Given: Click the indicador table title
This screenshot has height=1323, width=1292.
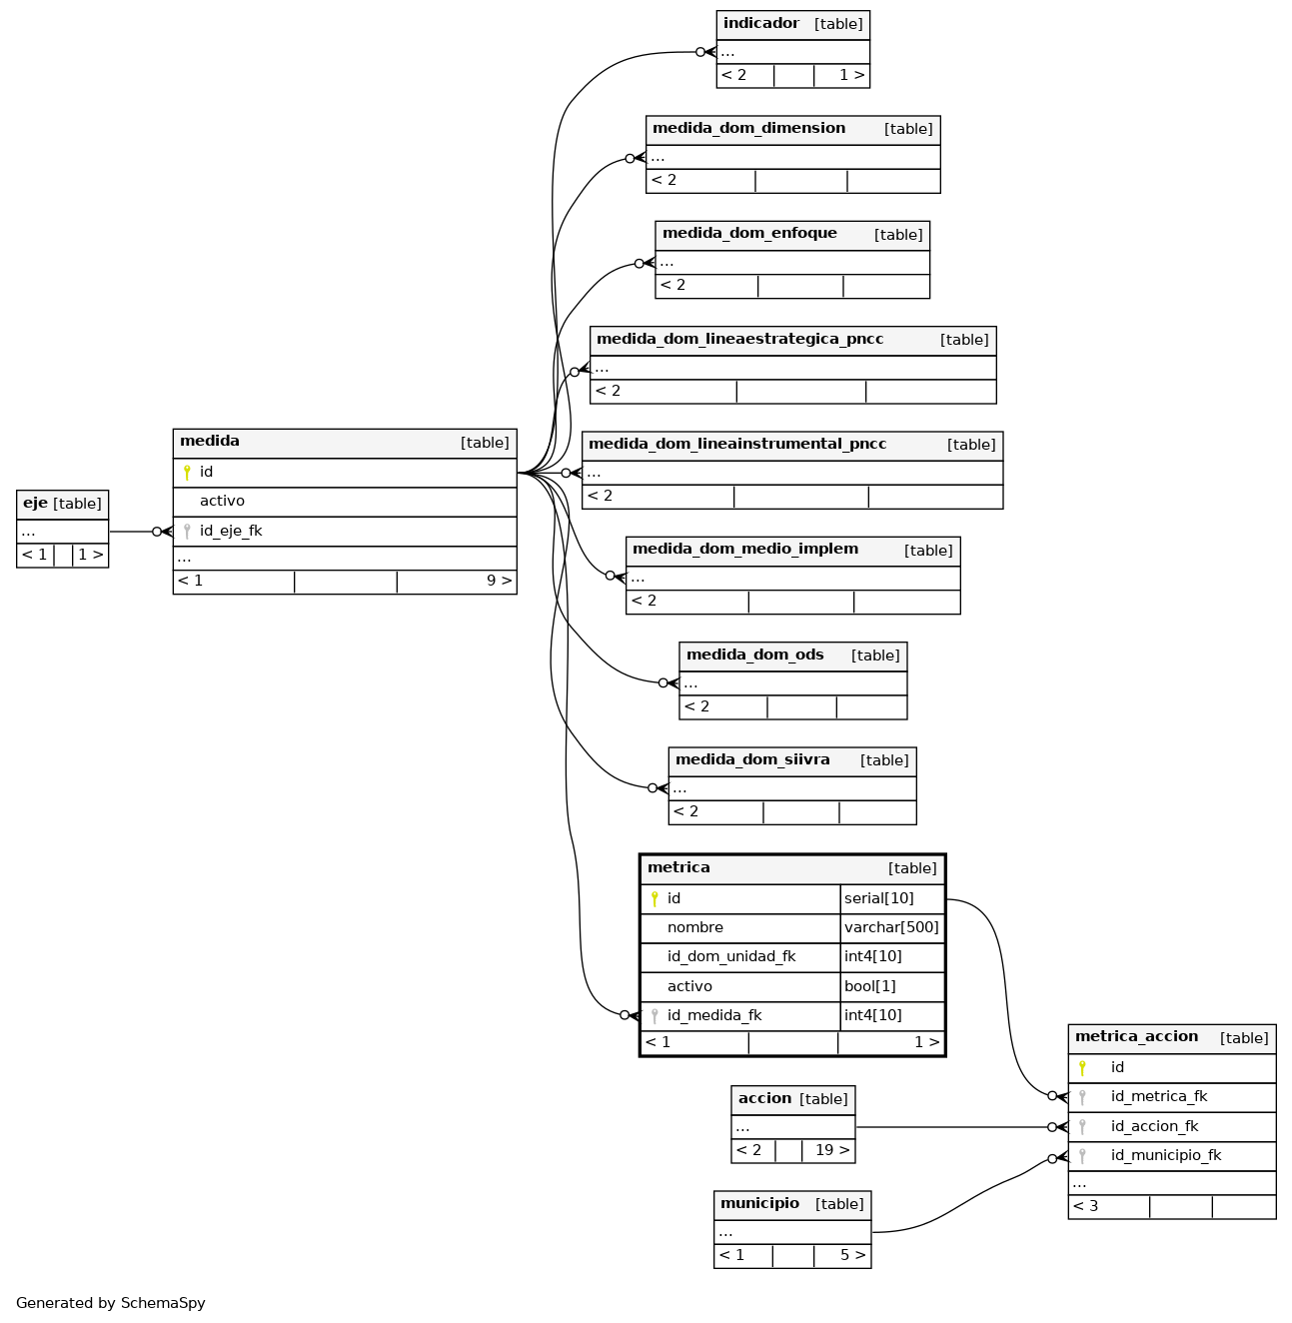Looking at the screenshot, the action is click(x=760, y=23).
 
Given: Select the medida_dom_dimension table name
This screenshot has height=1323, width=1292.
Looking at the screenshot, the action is click(x=748, y=128).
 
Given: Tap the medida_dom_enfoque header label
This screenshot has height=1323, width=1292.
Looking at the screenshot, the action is click(x=748, y=233).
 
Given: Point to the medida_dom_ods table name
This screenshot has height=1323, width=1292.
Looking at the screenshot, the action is click(x=754, y=655).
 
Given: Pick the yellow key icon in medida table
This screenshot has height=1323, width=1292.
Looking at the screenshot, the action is click(x=186, y=472).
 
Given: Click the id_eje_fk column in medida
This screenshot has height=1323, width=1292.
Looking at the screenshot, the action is click(x=231, y=531).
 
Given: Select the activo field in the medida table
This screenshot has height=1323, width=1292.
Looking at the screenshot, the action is click(x=222, y=501).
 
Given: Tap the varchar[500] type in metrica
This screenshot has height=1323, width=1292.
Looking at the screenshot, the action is click(x=890, y=926).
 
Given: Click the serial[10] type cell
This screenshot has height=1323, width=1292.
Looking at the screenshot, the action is click(x=878, y=897).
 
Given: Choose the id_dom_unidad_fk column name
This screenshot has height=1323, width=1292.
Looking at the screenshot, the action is click(x=730, y=956).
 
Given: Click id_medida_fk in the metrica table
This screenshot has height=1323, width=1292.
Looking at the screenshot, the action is click(x=713, y=1014).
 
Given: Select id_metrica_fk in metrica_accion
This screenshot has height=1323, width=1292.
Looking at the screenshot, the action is click(x=1158, y=1095).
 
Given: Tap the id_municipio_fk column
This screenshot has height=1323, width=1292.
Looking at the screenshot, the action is click(x=1165, y=1154).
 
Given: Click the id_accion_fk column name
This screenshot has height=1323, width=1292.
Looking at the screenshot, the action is click(x=1153, y=1125).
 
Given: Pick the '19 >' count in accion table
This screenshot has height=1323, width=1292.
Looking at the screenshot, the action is click(x=831, y=1149).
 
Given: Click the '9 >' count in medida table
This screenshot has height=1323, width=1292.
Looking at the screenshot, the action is click(x=499, y=580).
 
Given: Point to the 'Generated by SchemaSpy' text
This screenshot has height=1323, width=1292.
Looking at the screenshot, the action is click(x=110, y=1303).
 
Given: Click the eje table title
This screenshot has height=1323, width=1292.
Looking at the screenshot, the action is click(x=35, y=503).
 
